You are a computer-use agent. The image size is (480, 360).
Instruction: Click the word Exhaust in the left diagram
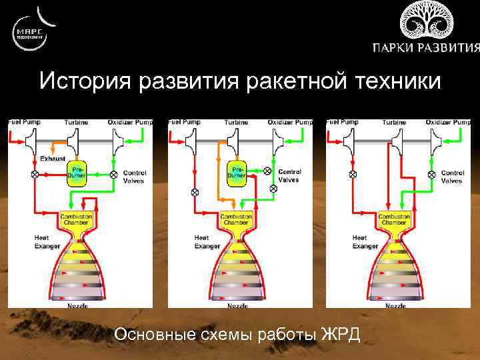click(x=53, y=159)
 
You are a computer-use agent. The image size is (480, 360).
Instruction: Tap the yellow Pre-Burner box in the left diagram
click(x=77, y=175)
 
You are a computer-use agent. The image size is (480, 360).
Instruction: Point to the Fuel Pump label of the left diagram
click(x=25, y=123)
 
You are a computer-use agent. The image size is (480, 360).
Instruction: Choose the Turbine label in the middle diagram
click(x=236, y=123)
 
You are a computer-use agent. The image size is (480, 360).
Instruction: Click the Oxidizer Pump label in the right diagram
click(x=447, y=123)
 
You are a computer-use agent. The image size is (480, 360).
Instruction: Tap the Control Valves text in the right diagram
click(x=452, y=177)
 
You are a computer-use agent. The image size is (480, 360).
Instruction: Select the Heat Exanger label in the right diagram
click(x=364, y=242)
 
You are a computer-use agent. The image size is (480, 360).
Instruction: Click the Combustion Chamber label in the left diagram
click(x=76, y=219)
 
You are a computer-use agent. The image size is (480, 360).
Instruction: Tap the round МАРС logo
click(x=31, y=32)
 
